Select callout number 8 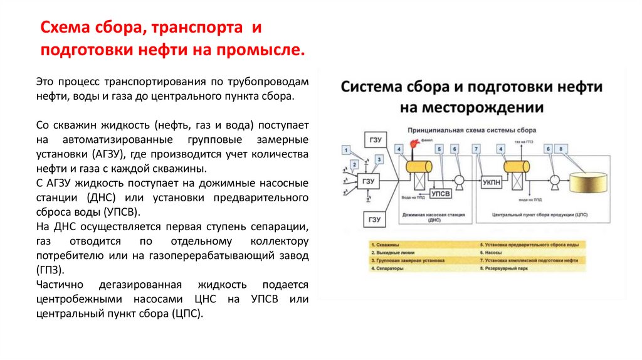point(560,149)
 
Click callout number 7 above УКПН point(477,149)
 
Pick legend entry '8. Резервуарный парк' point(504,267)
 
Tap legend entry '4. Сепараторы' point(387,267)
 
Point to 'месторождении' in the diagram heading point(471,107)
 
